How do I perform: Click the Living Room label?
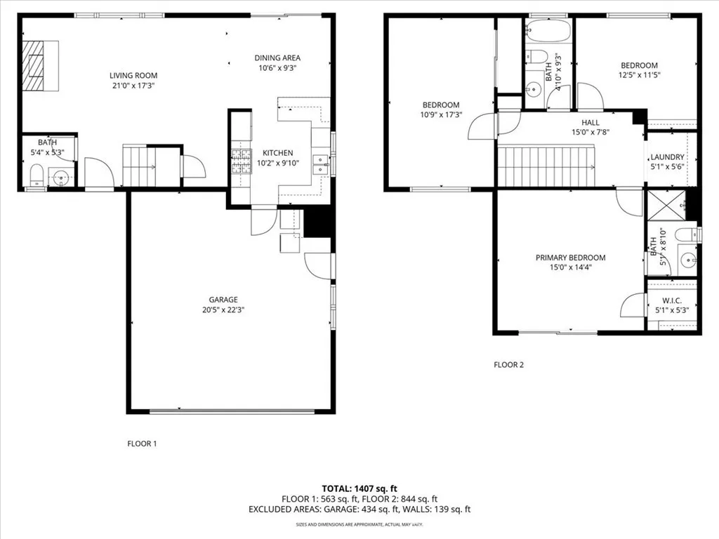(x=133, y=76)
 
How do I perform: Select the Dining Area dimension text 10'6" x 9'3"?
(x=278, y=68)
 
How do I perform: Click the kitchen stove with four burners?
(x=242, y=161)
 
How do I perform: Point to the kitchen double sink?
(x=321, y=164)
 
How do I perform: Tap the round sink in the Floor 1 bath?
(x=62, y=178)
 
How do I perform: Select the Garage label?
(x=222, y=300)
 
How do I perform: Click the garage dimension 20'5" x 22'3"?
(x=222, y=310)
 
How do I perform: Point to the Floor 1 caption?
(x=142, y=444)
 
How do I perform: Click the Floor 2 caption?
(x=508, y=365)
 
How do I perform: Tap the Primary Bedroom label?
(x=570, y=258)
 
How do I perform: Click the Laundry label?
(x=667, y=157)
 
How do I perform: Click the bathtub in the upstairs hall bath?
(x=548, y=32)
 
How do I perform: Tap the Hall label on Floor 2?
(x=591, y=122)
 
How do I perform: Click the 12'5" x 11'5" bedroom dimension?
(x=639, y=75)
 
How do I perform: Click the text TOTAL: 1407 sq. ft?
(x=359, y=488)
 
